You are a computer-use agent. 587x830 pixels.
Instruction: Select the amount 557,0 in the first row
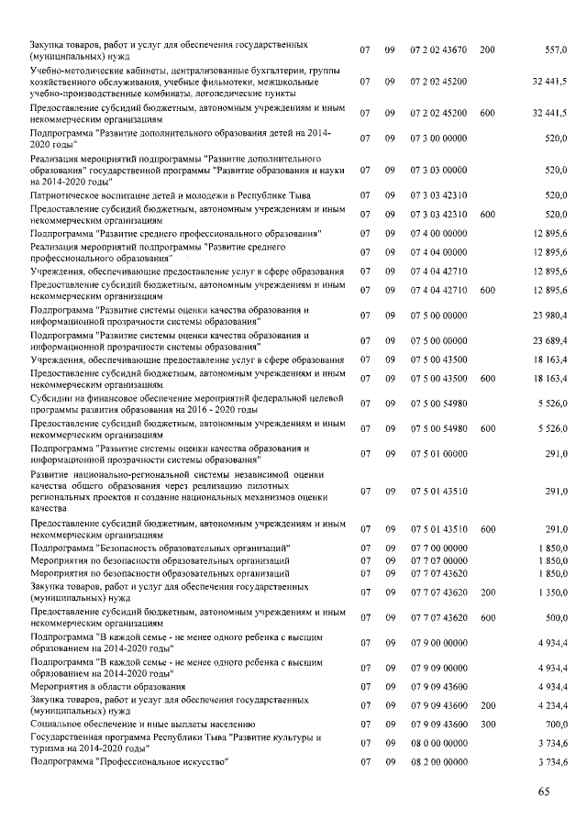(556, 50)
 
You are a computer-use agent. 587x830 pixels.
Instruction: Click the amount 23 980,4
(549, 315)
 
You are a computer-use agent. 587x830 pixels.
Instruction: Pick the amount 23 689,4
(549, 340)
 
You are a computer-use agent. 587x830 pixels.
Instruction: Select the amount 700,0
(556, 724)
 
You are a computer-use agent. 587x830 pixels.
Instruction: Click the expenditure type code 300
(487, 724)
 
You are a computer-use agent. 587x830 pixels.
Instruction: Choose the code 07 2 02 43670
(439, 50)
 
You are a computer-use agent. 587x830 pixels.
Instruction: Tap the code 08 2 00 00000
(439, 761)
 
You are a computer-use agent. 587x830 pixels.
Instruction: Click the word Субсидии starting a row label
(54, 397)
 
